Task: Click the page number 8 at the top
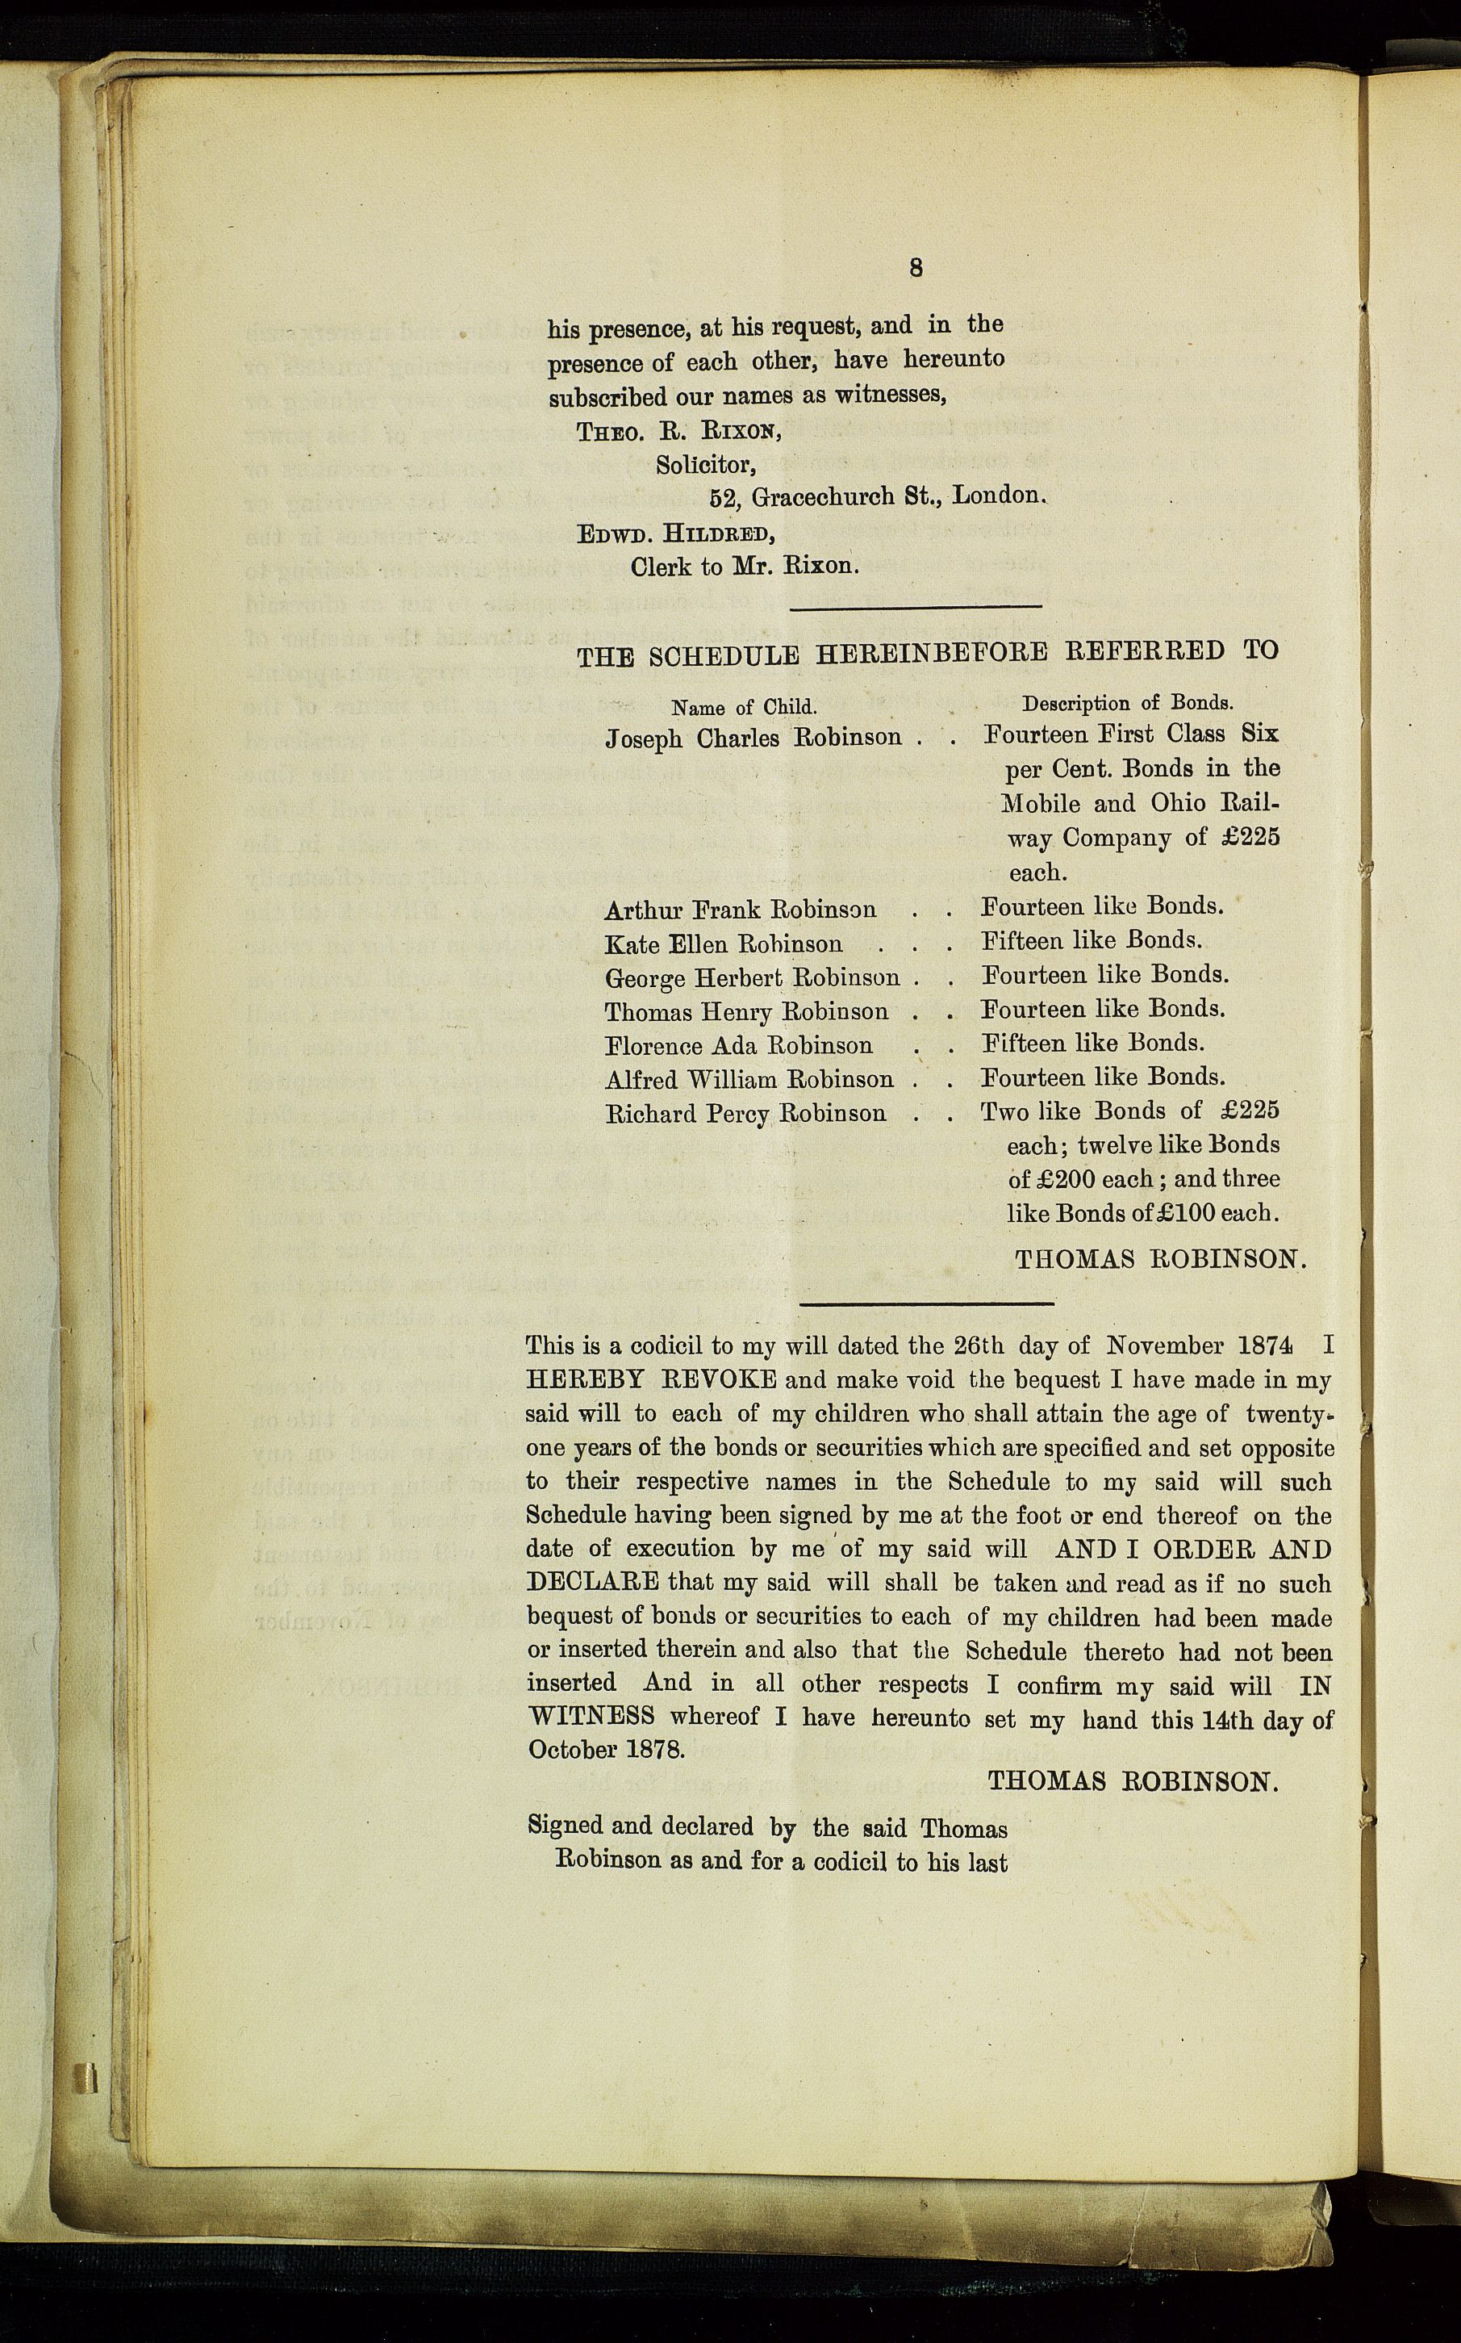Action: tap(916, 268)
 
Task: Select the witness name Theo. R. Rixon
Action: tap(678, 431)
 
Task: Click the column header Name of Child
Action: tap(744, 705)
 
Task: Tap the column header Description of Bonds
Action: tap(1128, 704)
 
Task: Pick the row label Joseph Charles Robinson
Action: tap(753, 738)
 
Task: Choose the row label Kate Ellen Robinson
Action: tap(723, 943)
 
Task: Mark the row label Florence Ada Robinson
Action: tap(738, 1045)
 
